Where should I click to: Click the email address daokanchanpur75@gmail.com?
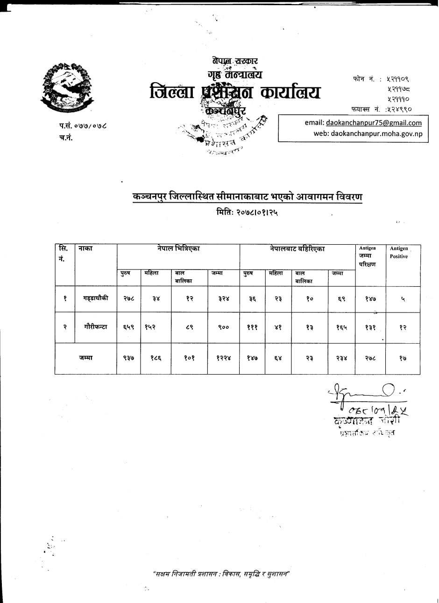tap(363, 123)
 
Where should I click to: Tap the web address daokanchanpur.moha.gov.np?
tap(368, 133)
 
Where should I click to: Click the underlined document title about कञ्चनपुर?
tap(248, 197)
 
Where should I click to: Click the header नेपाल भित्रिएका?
tap(178, 249)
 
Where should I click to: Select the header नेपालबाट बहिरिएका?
tap(297, 249)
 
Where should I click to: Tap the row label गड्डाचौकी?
tap(96, 298)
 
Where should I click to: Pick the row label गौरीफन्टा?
tap(96, 327)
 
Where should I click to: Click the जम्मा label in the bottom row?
tap(85, 358)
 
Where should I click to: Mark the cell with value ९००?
tap(223, 327)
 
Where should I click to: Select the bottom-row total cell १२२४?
tap(223, 358)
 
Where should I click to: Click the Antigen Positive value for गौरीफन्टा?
tap(403, 327)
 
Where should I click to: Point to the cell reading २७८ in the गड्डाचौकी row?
tap(129, 299)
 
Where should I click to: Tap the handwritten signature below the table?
tap(364, 400)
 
